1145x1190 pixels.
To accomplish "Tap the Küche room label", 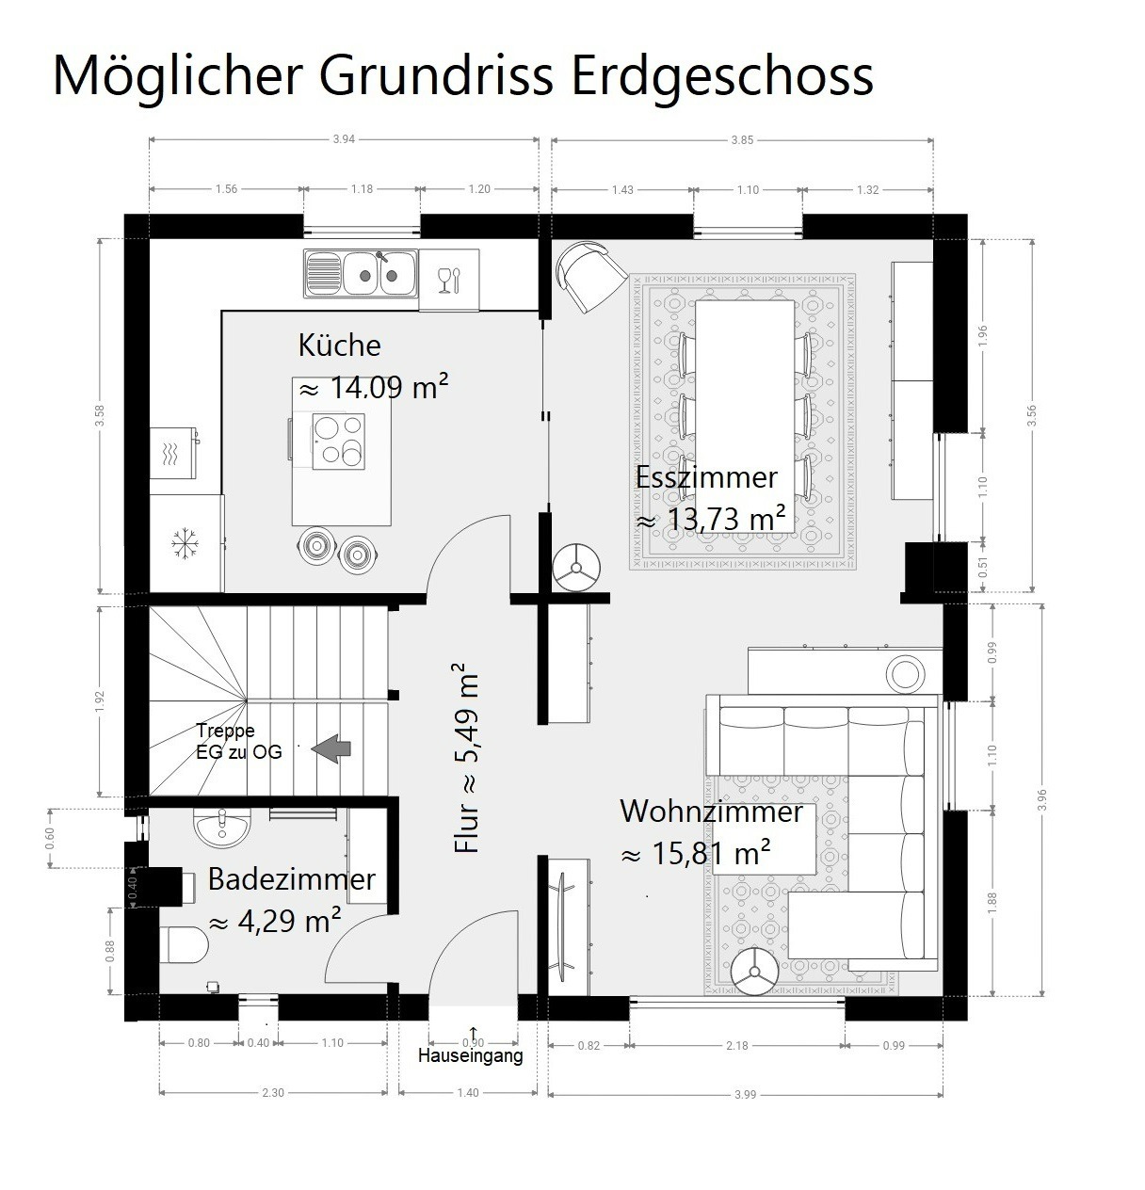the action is [340, 346].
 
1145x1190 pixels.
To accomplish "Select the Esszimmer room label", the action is [706, 477].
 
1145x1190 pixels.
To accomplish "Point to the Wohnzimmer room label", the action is [711, 812].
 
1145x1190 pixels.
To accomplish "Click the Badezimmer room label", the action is [292, 878].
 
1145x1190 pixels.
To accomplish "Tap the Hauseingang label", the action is [471, 1055].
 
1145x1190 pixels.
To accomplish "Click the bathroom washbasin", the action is [222, 828].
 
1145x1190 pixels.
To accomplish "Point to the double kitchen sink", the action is [362, 273].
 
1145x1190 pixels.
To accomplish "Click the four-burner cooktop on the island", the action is [338, 441].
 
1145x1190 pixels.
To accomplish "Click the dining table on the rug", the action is [745, 416].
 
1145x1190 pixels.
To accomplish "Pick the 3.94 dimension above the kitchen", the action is [344, 138].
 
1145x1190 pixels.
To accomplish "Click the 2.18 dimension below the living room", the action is [737, 1046].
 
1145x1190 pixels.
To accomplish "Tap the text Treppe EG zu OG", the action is [239, 741].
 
